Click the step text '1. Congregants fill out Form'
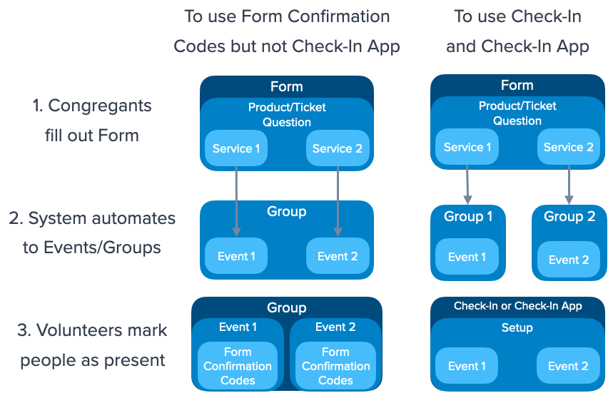(x=91, y=121)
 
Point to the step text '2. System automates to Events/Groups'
(x=91, y=233)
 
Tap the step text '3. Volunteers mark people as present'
(x=92, y=345)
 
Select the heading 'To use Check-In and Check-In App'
(x=517, y=31)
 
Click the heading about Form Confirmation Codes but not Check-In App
(x=287, y=31)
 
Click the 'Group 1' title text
(x=468, y=217)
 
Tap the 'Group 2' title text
(x=569, y=217)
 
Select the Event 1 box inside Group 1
(x=467, y=257)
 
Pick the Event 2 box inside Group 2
(x=569, y=260)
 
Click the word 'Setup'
(x=517, y=328)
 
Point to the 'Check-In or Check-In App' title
(x=517, y=306)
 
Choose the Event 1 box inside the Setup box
(x=467, y=366)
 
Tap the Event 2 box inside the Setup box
(x=568, y=366)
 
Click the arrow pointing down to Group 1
(x=467, y=183)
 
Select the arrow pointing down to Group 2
(x=569, y=183)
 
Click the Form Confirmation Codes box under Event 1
(x=238, y=366)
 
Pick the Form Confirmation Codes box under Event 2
(x=335, y=366)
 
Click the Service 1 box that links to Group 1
(x=467, y=148)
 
